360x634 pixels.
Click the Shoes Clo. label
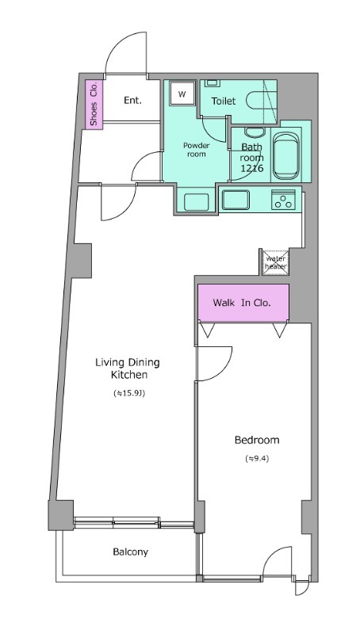tap(94, 104)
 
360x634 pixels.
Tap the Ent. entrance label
tap(132, 101)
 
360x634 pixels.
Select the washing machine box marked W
tap(182, 94)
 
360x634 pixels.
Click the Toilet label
tap(223, 101)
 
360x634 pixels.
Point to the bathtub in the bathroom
tap(286, 155)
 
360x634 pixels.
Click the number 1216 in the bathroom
tap(252, 168)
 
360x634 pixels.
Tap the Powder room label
tap(196, 150)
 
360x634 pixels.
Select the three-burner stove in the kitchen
tap(284, 200)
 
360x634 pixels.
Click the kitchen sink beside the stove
tap(236, 201)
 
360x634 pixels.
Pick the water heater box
tap(275, 262)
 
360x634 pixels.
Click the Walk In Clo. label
tap(242, 303)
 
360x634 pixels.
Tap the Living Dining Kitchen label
tap(128, 369)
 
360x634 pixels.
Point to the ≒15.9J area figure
tap(129, 392)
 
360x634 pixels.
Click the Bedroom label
tap(257, 440)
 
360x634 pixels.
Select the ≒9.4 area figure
tap(257, 459)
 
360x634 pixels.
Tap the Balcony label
tap(130, 552)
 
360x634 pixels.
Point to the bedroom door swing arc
tap(224, 370)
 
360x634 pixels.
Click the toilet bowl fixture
tap(262, 101)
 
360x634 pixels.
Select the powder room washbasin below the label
tap(197, 202)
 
